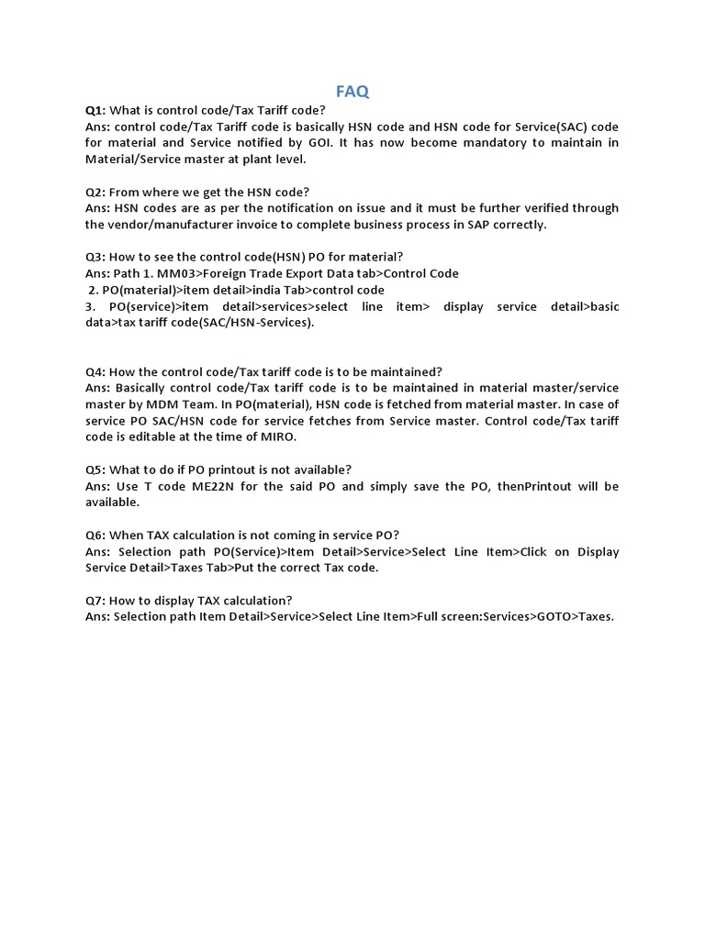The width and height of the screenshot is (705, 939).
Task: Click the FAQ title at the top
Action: pos(352,91)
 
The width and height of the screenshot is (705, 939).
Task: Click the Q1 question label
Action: pos(95,110)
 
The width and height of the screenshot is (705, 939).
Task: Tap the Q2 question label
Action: pos(95,192)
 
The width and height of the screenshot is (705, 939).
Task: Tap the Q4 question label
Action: pos(95,371)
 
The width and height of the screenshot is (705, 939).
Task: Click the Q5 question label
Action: pos(95,469)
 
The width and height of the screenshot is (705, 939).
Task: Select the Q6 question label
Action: pos(95,536)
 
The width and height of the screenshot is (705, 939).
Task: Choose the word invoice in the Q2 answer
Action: pos(254,225)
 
